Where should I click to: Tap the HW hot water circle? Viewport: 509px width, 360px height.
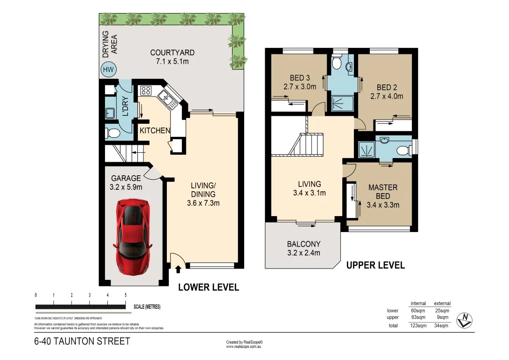tap(109, 70)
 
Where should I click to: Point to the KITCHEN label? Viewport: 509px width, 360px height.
tap(155, 130)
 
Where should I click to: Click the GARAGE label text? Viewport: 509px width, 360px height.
tap(126, 178)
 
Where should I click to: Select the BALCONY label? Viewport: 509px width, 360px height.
tap(304, 244)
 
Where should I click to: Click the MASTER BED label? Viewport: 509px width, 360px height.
tap(382, 187)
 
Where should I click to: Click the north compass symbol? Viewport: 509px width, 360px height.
tap(464, 320)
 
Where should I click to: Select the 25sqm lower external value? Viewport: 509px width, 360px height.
tap(442, 310)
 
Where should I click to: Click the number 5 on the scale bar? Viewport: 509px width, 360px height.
tap(126, 295)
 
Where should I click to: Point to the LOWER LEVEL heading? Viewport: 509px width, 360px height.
tap(209, 287)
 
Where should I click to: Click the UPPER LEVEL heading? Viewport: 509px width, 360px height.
tap(375, 265)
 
